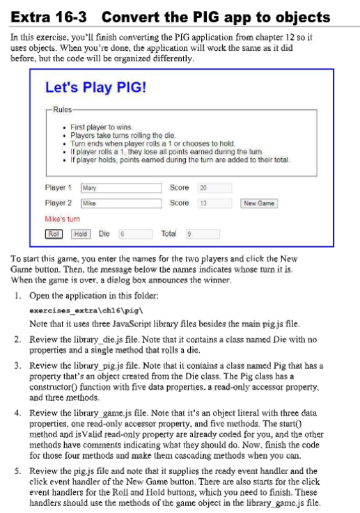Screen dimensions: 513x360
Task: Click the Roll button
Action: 54,234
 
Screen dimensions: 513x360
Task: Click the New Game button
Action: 259,203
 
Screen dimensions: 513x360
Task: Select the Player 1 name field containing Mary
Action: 121,188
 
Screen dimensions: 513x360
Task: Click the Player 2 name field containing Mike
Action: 121,203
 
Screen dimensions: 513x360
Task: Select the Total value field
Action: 202,234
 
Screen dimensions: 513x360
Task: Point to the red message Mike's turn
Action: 62,219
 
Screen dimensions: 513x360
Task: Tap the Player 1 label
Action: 58,188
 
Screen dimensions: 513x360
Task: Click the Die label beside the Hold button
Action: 104,234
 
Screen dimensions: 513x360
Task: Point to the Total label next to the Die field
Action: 169,234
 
